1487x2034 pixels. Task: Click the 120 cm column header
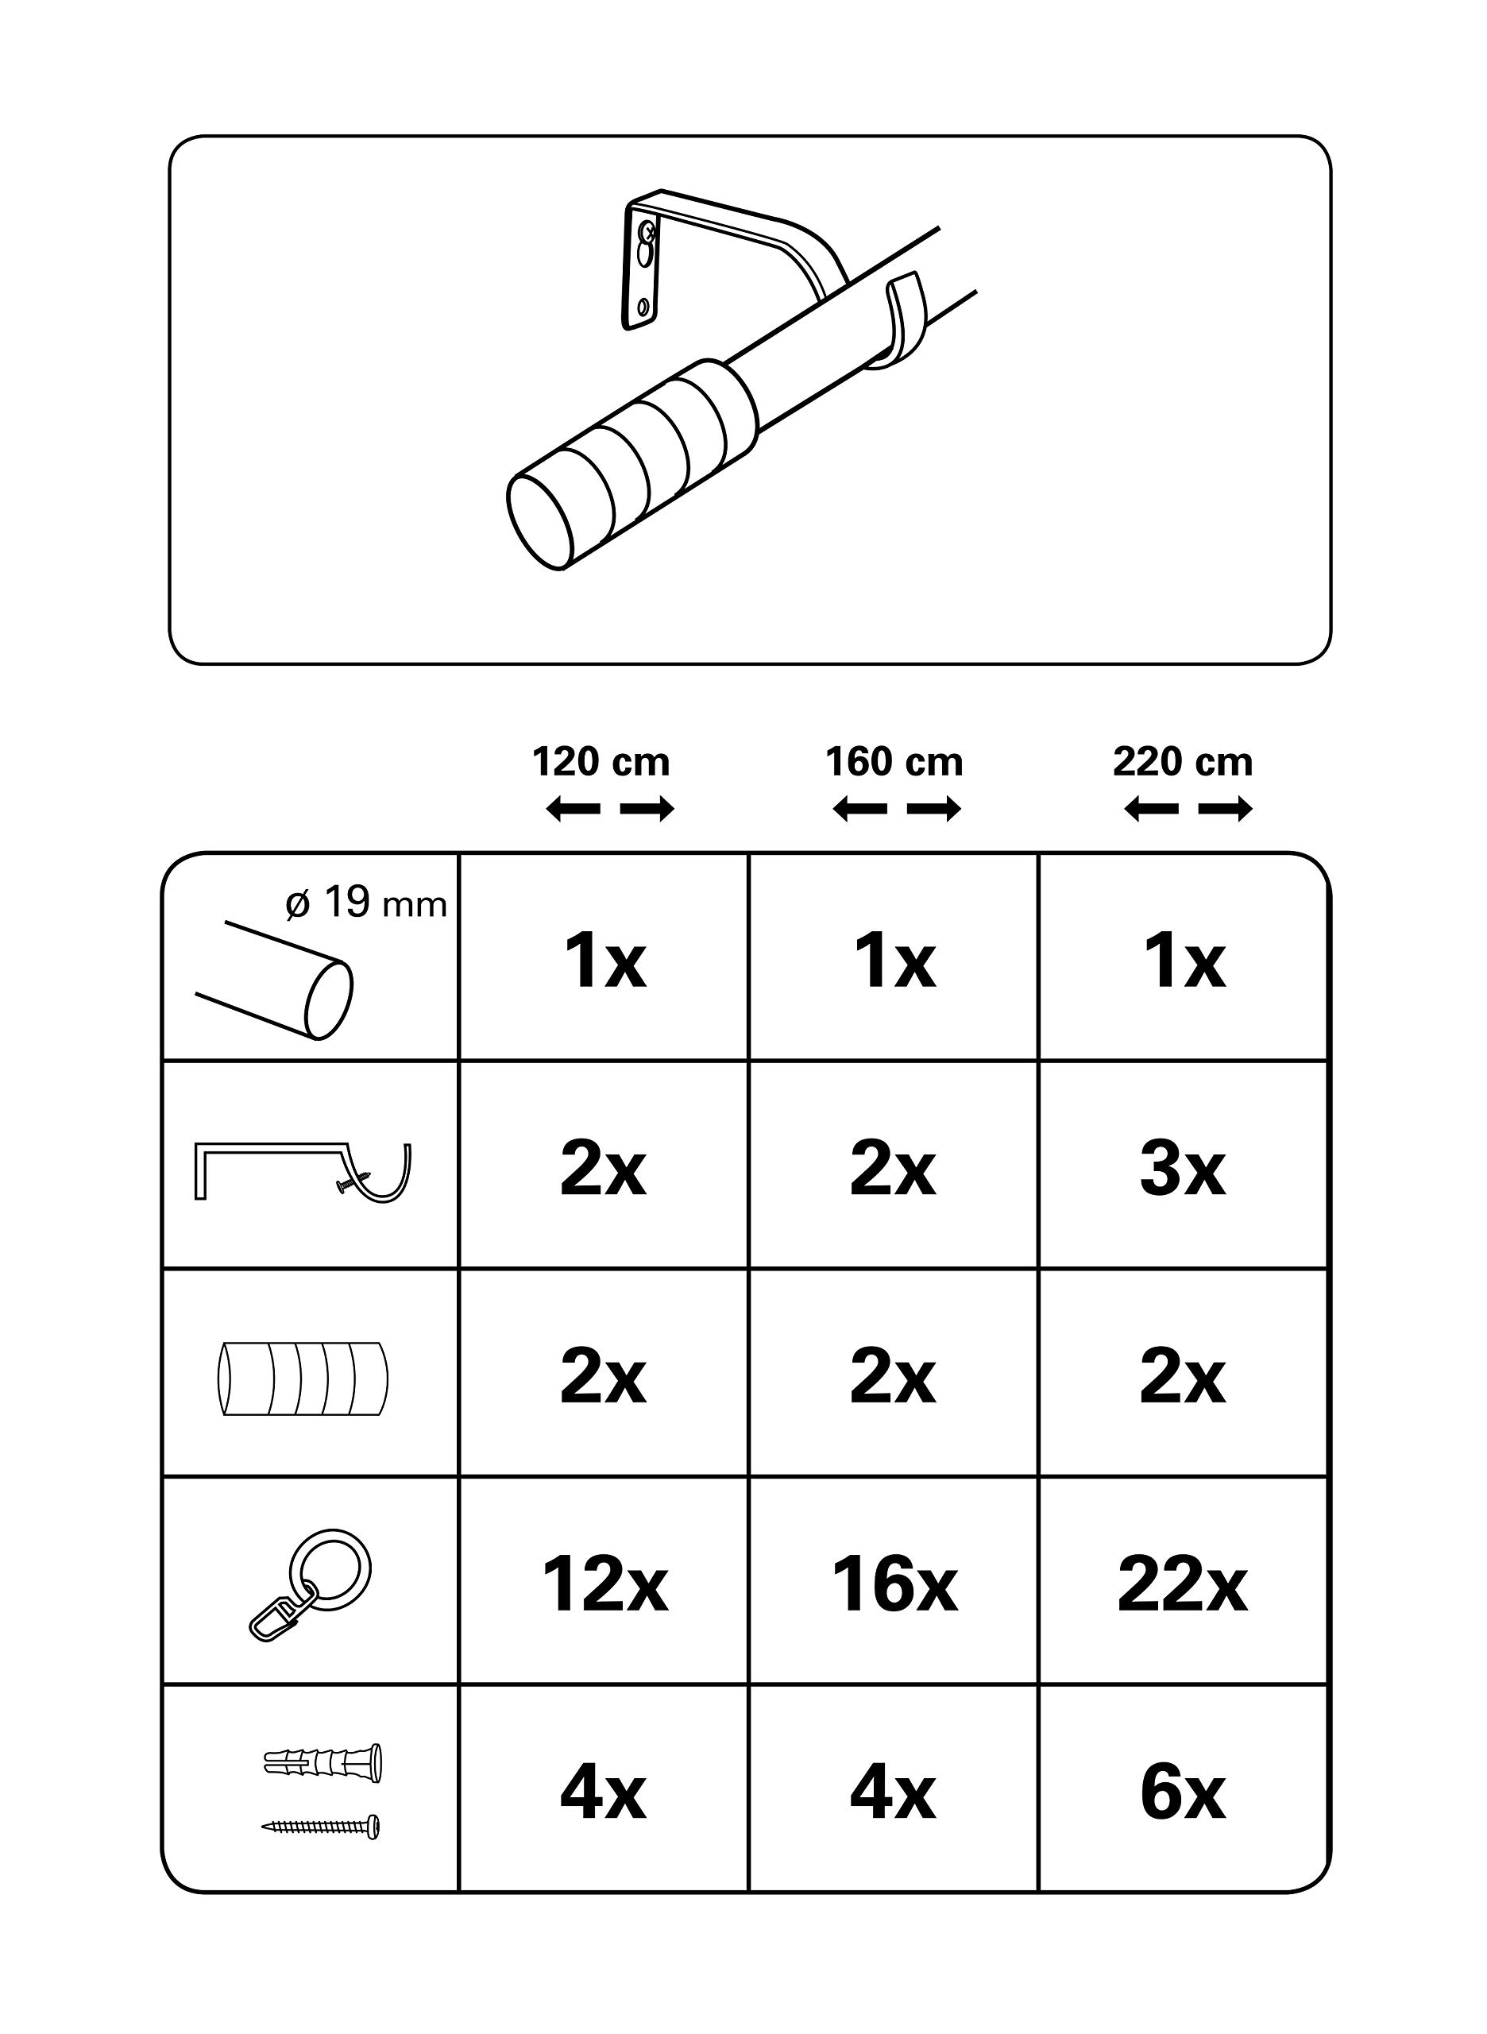601,763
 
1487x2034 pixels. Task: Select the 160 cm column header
894,763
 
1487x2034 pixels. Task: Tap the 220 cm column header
1183,763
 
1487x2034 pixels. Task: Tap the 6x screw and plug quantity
1183,1795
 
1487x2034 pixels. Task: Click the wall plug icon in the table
323,1762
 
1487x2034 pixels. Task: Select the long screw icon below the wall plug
320,1826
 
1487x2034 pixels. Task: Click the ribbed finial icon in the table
303,1379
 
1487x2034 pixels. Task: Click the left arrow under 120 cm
573,810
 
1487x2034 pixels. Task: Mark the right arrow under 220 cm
1226,810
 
